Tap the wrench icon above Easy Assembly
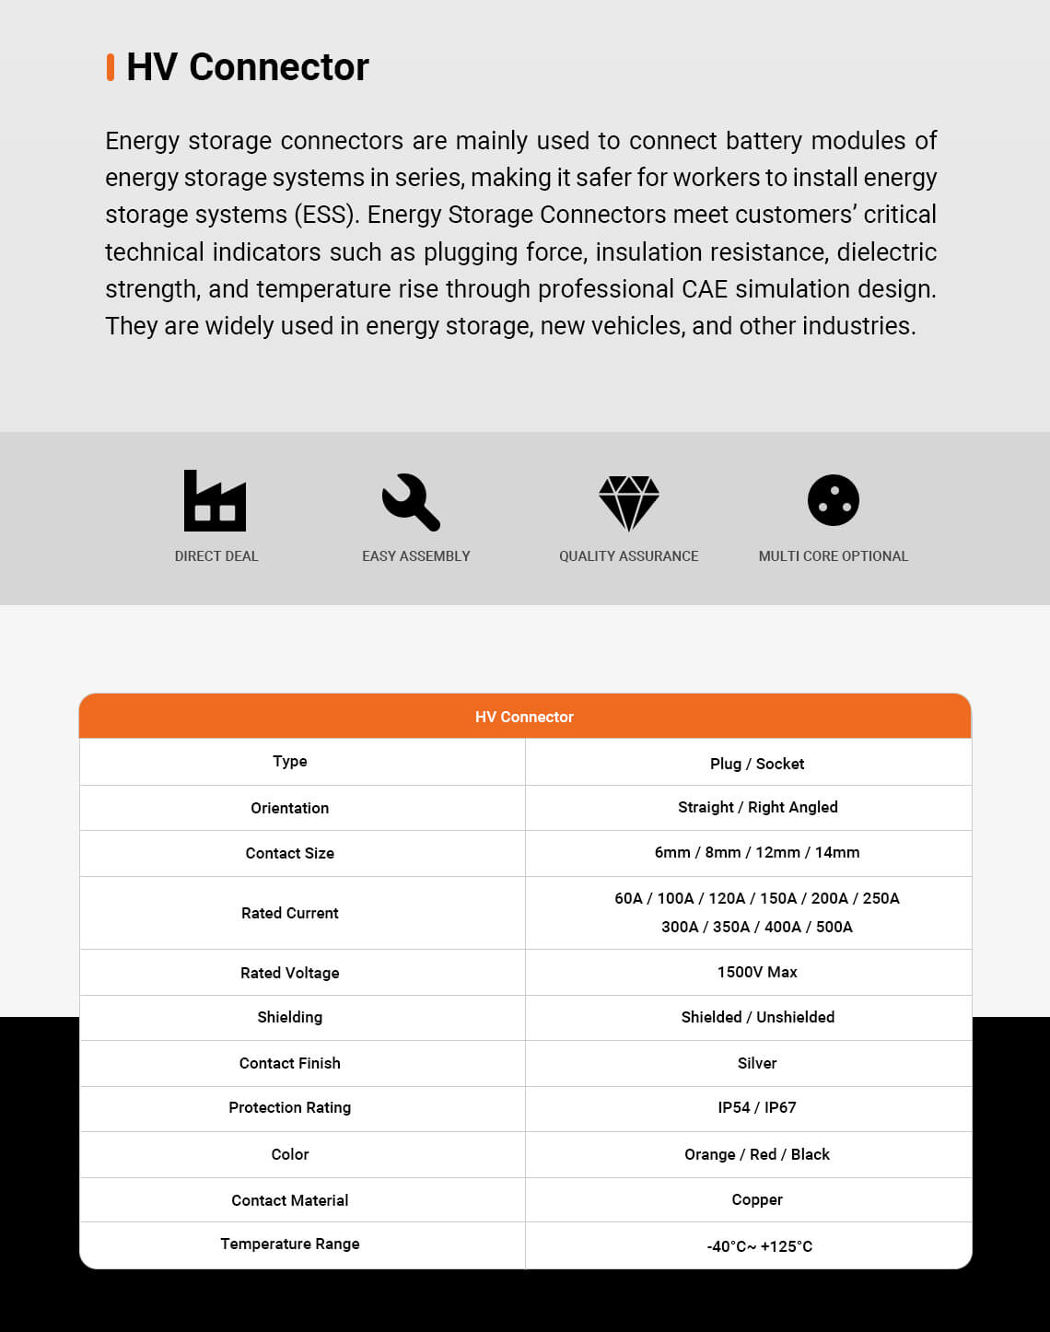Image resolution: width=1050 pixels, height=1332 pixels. [411, 501]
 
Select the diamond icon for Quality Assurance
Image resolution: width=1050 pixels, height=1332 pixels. [628, 502]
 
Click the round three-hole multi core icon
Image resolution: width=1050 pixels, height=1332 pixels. [833, 500]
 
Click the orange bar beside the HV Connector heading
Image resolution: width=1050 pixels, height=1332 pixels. [111, 67]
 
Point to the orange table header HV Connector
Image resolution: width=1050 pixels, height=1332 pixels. [524, 717]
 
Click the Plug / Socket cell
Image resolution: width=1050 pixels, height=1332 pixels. [756, 764]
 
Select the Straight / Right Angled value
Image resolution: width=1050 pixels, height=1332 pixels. [757, 807]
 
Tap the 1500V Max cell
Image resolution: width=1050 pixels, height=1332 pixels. [756, 972]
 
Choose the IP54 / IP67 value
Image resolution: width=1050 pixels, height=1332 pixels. [756, 1107]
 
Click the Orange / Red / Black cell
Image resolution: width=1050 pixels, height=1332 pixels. [756, 1154]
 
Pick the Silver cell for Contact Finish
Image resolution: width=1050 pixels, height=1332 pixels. [756, 1063]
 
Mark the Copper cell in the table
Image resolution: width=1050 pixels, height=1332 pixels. [756, 1199]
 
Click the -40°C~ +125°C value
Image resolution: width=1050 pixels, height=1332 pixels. [759, 1246]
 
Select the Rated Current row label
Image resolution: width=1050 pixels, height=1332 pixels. [289, 913]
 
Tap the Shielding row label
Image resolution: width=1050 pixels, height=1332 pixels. [289, 1017]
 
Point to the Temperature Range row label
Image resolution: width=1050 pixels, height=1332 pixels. [289, 1244]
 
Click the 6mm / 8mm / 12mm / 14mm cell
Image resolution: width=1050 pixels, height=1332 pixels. [756, 852]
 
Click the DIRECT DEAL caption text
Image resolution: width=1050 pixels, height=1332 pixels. [216, 556]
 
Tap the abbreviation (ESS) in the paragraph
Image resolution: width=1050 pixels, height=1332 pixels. [326, 215]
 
